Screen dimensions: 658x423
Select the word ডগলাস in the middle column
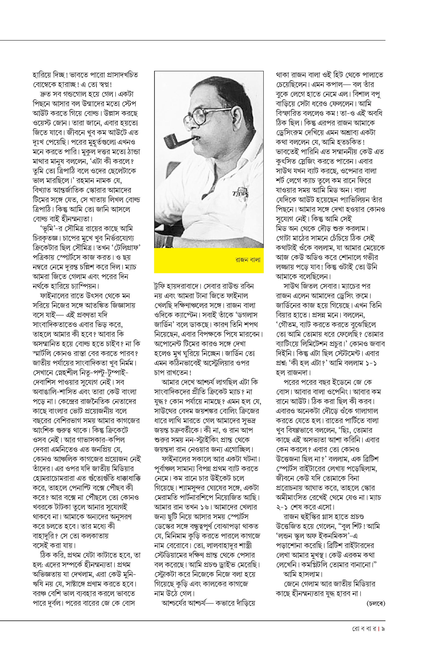(x=245, y=315)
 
